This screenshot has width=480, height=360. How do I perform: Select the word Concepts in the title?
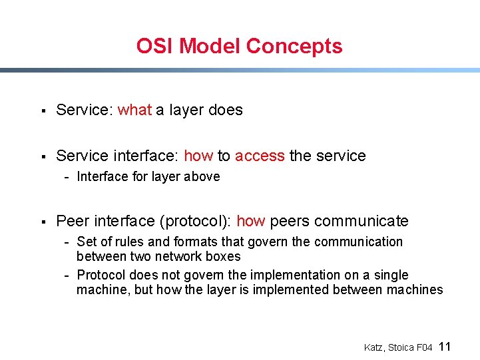294,47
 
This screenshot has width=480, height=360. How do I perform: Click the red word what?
134,110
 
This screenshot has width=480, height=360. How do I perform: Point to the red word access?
260,156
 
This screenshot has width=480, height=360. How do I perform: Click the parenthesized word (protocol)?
198,222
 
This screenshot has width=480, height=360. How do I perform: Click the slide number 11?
445,347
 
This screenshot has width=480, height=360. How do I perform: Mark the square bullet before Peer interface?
42,222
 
